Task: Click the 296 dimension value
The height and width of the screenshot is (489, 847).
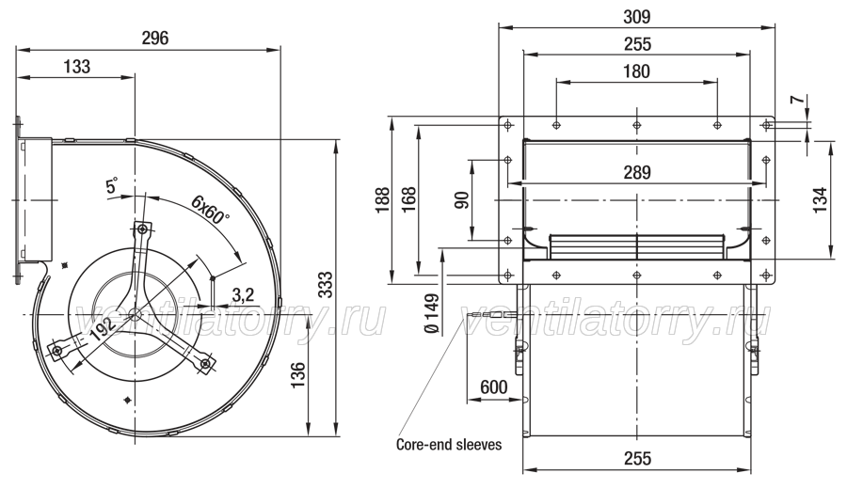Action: [155, 39]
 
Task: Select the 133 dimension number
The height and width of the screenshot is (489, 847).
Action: [77, 67]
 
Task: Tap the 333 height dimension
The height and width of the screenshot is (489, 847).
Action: [326, 284]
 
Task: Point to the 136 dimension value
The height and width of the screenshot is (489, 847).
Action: [297, 375]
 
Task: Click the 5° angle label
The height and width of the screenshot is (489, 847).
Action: [112, 186]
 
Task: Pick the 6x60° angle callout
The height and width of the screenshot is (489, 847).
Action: [210, 210]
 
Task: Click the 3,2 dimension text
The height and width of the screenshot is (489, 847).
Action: [243, 294]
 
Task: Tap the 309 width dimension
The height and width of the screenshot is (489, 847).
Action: [637, 17]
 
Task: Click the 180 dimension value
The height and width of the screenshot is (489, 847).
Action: [637, 71]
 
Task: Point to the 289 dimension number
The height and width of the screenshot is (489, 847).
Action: [637, 173]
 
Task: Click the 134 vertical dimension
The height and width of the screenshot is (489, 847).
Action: [820, 199]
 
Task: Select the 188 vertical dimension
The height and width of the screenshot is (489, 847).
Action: [383, 200]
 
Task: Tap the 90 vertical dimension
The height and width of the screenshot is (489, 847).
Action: [462, 200]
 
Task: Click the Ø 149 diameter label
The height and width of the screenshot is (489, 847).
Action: [432, 313]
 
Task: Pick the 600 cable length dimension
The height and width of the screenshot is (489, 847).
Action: [494, 387]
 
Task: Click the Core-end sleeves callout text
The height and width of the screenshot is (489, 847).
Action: [449, 444]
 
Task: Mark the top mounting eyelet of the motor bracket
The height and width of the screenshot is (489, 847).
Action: [142, 229]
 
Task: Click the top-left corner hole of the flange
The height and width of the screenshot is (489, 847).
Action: [508, 126]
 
